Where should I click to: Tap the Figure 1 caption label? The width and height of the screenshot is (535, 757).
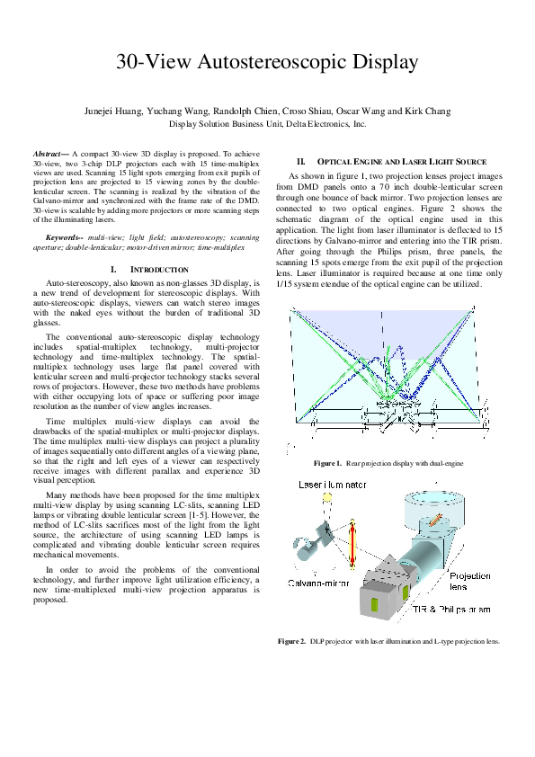[x=326, y=462]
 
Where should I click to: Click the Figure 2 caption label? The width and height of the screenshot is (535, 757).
[x=293, y=641]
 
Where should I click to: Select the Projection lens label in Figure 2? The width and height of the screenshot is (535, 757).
[x=469, y=581]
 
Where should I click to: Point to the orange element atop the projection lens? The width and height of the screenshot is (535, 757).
[x=438, y=510]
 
